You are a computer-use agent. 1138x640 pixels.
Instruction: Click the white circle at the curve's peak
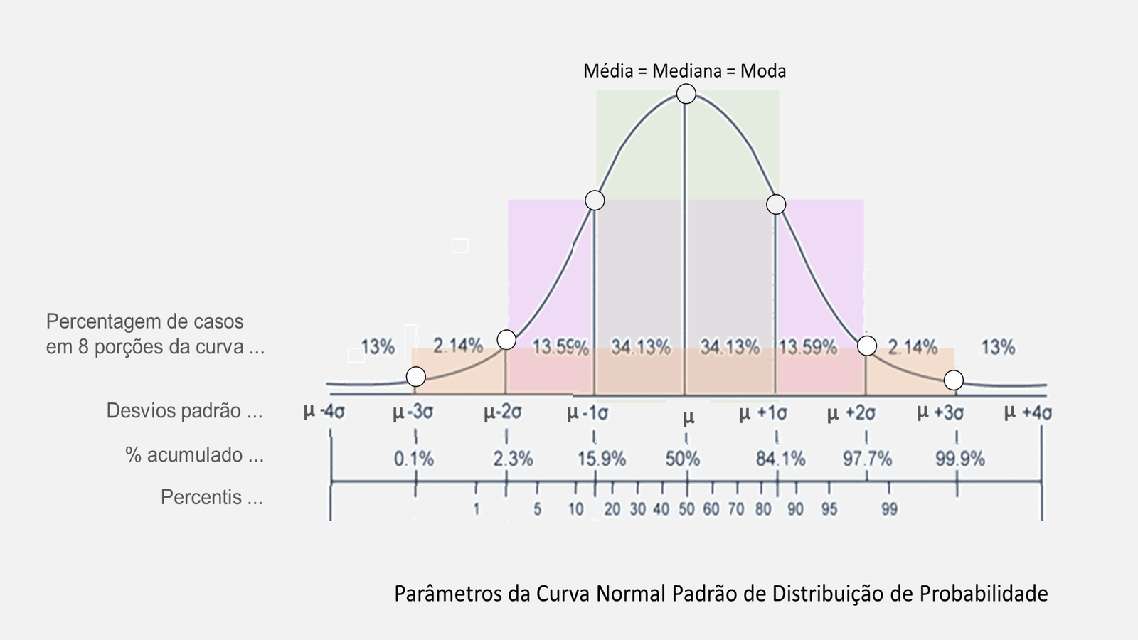(686, 94)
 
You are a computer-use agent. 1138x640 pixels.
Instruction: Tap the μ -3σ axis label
(413, 412)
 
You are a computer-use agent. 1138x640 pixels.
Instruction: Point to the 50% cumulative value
(683, 459)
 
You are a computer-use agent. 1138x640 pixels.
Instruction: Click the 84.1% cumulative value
(780, 459)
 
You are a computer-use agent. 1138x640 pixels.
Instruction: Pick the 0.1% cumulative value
(414, 459)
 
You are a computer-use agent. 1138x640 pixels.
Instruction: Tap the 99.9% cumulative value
(959, 459)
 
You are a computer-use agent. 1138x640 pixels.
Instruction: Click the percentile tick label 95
(829, 509)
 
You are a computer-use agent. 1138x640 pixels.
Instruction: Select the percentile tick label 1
(477, 509)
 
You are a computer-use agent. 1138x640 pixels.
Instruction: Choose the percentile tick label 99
(889, 509)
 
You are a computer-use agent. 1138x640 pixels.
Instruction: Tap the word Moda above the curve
(763, 71)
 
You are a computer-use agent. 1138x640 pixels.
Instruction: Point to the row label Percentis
(211, 497)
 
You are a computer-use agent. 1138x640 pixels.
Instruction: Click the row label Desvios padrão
(184, 411)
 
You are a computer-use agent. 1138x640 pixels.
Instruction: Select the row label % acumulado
(194, 455)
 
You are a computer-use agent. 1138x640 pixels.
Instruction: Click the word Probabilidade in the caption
(984, 593)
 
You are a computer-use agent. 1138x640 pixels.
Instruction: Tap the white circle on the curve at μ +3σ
(954, 380)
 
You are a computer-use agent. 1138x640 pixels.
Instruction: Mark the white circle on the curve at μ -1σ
(595, 201)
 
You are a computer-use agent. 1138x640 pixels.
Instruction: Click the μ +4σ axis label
(1028, 412)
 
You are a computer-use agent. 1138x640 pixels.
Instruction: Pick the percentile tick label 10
(575, 509)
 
